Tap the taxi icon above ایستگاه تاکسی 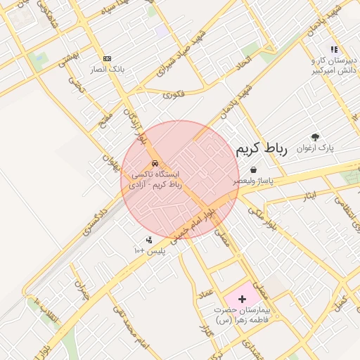pyautogui.click(x=155, y=164)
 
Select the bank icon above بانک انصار pyautogui.click(x=107, y=58)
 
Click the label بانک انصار pyautogui.click(x=106, y=70)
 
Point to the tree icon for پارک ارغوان pyautogui.click(x=314, y=138)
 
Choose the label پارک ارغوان pyautogui.click(x=317, y=148)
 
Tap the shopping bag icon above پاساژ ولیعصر pyautogui.click(x=253, y=169)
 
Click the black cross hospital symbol pyautogui.click(x=243, y=299)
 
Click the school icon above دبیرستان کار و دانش pyautogui.click(x=334, y=49)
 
